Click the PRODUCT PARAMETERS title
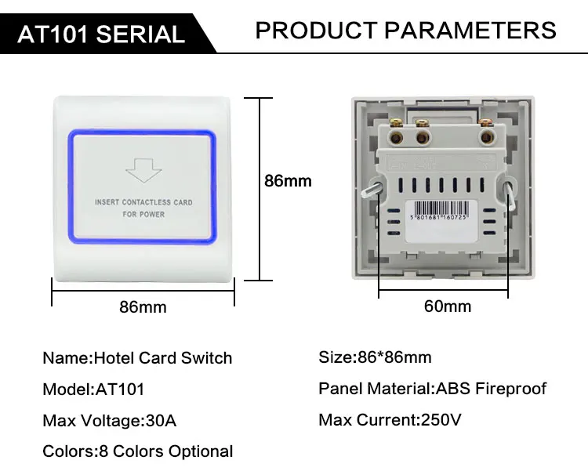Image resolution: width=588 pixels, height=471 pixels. pos(406,31)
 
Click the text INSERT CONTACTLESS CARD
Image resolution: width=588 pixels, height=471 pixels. pos(143,202)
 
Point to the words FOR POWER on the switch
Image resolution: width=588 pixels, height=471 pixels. pos(143,214)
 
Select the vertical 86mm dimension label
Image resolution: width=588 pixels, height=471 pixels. pos(288,181)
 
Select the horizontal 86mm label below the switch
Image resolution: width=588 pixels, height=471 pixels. pos(143,307)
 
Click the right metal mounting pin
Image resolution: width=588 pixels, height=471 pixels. pos(511,193)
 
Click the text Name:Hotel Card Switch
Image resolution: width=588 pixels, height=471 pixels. pos(137,358)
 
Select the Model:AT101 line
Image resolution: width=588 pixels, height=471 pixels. pos(93,389)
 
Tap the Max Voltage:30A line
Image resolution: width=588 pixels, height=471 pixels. pos(110,421)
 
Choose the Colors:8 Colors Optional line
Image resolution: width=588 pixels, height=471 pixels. pos(137,451)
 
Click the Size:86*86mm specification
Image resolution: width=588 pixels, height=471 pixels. pos(375,357)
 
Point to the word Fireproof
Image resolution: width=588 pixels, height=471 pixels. pos(510,389)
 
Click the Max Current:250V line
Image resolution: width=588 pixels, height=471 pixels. pos(390,420)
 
